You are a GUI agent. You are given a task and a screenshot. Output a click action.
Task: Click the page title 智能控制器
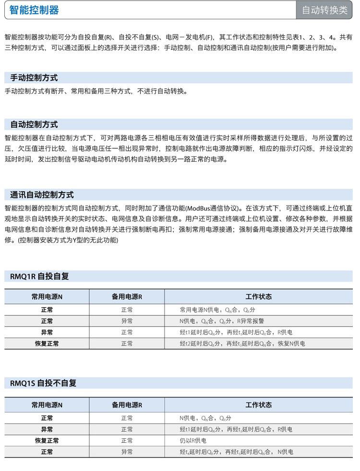[35, 10]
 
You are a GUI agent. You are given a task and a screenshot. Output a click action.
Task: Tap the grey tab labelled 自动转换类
[325, 10]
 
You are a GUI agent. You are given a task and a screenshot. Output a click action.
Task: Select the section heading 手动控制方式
[34, 78]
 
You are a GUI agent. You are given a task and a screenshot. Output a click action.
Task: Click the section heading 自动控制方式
[34, 124]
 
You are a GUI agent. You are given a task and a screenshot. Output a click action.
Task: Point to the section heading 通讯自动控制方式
[42, 195]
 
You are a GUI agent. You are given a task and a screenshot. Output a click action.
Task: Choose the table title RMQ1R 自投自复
[39, 276]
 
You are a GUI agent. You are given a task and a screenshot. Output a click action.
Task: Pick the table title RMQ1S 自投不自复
[43, 383]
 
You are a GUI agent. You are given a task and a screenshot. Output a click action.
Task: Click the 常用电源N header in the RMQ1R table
[47, 297]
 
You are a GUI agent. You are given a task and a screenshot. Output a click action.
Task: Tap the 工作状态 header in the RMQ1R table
[258, 297]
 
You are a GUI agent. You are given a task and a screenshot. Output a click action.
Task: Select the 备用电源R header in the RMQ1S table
[127, 405]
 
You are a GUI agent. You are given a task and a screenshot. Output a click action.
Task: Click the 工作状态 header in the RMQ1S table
[258, 405]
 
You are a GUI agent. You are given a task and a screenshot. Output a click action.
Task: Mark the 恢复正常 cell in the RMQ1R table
[47, 344]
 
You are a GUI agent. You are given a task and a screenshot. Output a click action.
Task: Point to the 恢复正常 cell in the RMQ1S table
[47, 441]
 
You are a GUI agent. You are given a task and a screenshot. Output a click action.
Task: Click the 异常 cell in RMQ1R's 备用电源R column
[127, 321]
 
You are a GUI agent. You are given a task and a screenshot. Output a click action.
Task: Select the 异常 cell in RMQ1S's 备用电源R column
[127, 452]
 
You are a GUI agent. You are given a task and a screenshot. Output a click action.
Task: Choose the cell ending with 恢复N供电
[242, 344]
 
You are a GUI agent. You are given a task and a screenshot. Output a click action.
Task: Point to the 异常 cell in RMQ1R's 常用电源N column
[47, 332]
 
